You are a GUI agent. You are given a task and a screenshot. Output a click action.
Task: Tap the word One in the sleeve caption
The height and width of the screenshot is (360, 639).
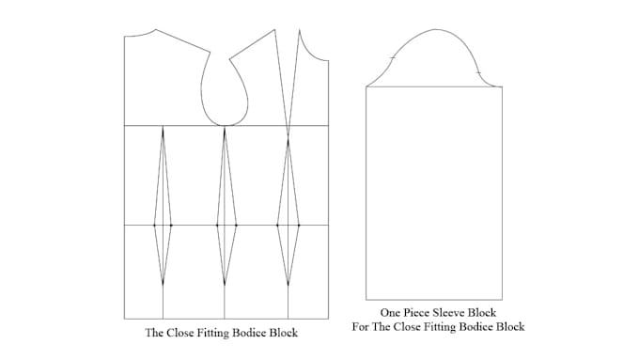390,312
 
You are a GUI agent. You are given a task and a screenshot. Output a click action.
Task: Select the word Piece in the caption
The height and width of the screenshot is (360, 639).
413,312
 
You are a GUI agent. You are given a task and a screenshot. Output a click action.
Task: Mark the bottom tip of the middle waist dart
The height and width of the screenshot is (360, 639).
225,285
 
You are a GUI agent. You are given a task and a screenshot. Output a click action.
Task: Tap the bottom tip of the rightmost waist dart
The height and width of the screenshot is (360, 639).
288,285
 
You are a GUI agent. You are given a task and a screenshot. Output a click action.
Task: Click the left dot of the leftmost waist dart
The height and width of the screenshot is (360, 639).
155,225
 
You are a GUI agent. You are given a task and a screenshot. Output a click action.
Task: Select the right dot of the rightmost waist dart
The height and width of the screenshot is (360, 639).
299,225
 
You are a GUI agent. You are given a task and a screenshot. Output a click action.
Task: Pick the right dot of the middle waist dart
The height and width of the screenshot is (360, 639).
236,225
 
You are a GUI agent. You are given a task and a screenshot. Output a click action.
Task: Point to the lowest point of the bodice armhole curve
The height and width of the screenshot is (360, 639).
225,125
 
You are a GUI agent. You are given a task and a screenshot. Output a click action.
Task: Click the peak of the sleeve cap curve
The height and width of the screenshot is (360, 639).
436,29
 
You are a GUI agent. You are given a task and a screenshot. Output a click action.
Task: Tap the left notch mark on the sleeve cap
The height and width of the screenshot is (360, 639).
393,59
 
